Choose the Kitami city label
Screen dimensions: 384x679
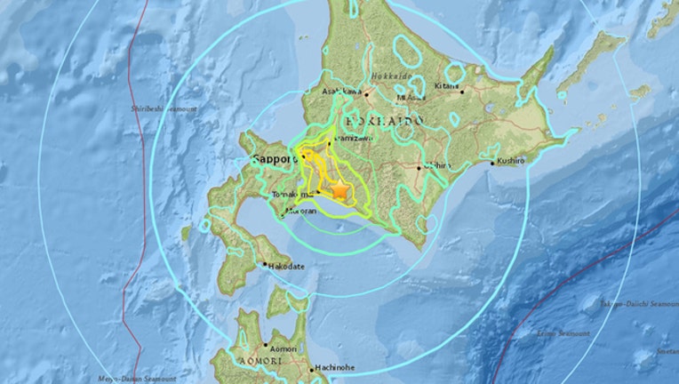point(448,86)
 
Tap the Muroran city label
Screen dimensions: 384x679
point(302,212)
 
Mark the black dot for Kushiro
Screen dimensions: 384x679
point(494,164)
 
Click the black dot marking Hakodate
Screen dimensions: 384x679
point(264,264)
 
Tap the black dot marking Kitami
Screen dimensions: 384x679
point(461,90)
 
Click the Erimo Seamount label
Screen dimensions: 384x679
point(563,333)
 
